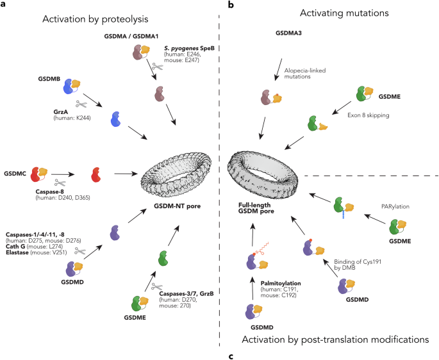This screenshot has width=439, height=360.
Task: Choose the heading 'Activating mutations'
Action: point(328,15)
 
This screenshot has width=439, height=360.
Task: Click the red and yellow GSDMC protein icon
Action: point(38,172)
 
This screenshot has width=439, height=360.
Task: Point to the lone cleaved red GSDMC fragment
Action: point(96,174)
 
